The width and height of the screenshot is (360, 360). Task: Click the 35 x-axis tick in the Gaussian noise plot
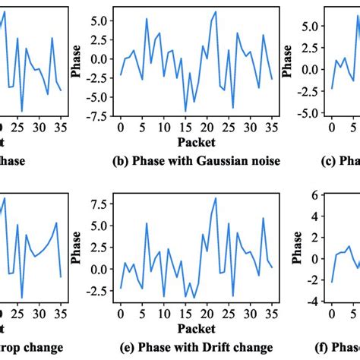pyautogui.click(x=271, y=127)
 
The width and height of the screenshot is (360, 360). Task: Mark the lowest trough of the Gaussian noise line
pyautogui.click(x=185, y=112)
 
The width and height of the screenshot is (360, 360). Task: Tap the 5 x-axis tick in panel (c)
pyautogui.click(x=353, y=127)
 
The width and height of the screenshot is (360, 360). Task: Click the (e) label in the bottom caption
pyautogui.click(x=128, y=347)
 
